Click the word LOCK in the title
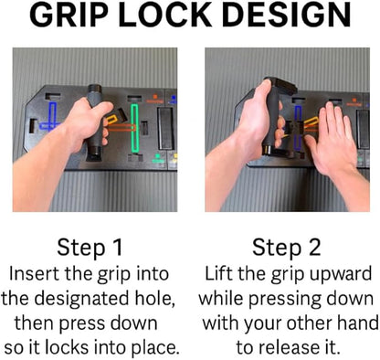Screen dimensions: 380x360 [165, 16]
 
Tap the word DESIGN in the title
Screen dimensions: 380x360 [287, 16]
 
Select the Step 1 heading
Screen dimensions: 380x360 [90, 248]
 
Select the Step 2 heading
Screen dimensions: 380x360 [287, 248]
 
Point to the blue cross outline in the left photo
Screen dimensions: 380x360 [50, 118]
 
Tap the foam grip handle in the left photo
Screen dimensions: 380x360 [96, 122]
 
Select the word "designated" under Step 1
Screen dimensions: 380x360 [81, 300]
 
